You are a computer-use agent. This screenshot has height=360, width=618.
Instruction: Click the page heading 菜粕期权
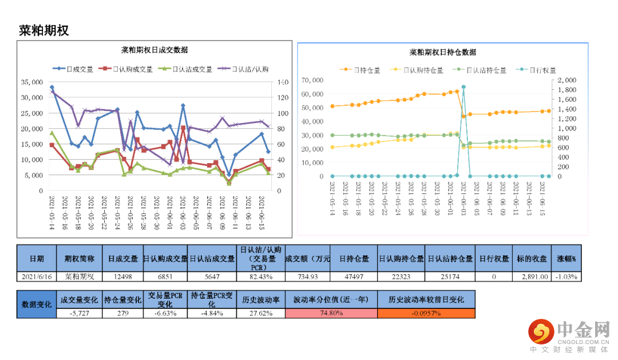44,30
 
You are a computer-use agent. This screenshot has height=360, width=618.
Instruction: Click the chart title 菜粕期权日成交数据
154,50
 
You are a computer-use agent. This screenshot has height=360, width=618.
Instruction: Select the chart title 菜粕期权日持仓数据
442,52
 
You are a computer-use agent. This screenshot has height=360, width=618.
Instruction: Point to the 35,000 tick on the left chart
32,82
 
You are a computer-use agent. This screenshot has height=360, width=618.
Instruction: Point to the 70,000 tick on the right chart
312,80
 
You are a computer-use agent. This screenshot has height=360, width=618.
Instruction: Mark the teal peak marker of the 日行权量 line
463,87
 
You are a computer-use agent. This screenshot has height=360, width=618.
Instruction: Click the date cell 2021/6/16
37,276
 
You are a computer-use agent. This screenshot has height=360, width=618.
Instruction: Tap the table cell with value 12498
123,276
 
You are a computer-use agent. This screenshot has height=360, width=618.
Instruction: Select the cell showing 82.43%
260,276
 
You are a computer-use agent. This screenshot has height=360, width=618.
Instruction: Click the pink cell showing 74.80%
331,313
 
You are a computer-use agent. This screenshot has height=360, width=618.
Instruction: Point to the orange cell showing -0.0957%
426,313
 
